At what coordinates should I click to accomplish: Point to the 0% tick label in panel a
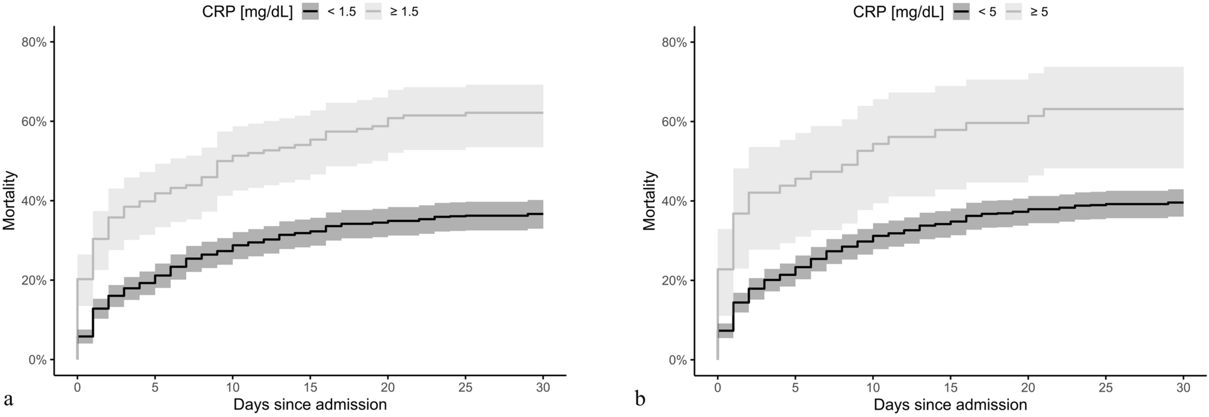(40, 360)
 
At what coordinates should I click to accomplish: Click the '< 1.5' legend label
(341, 11)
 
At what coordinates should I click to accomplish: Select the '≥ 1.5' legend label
(404, 11)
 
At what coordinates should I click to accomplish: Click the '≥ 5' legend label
(1039, 11)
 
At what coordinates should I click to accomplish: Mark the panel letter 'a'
(8, 400)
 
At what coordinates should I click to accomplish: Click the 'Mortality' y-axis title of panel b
(649, 201)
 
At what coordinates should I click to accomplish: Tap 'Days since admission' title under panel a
(310, 404)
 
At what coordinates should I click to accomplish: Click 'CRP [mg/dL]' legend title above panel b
(898, 11)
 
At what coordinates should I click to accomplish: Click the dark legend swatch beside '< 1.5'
(310, 11)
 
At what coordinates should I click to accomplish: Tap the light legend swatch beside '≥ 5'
(1016, 11)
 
